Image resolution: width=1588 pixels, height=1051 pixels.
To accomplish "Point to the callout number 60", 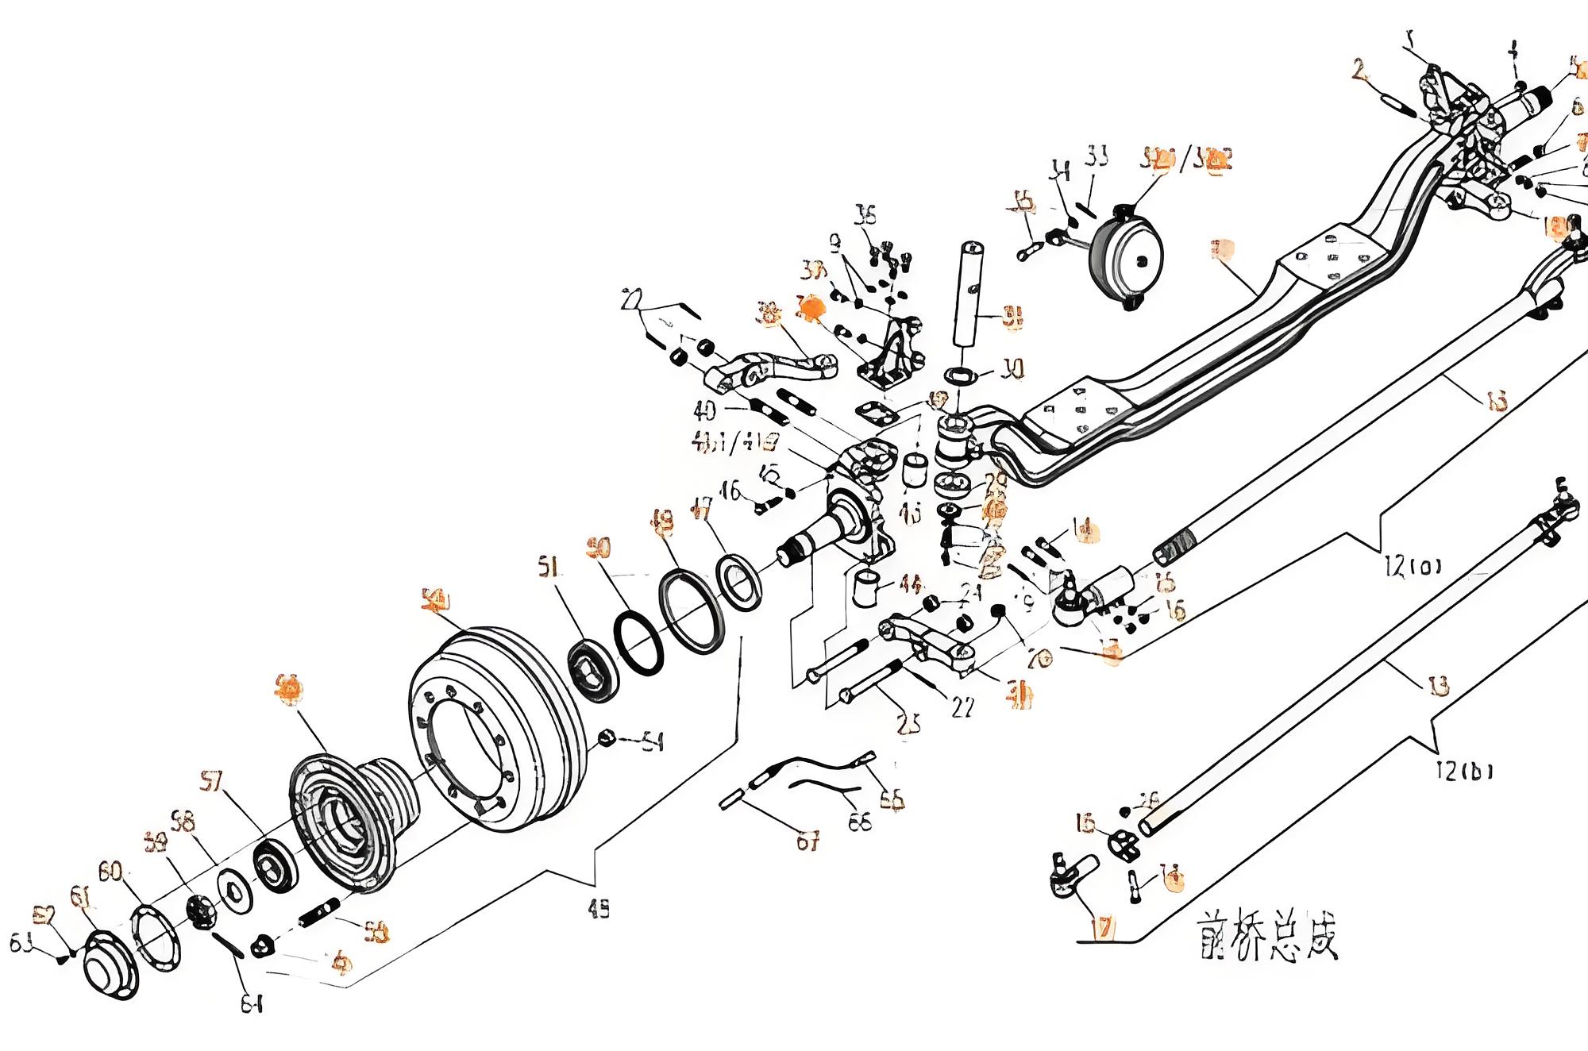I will coord(110,872).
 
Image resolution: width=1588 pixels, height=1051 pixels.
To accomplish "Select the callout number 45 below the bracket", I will coord(599,910).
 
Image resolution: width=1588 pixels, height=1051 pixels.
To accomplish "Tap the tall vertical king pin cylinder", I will coord(970,294).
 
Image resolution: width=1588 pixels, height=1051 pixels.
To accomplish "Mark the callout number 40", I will coord(704,410).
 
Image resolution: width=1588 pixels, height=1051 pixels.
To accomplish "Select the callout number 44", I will coord(911,585).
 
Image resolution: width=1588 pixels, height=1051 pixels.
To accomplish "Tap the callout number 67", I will coord(807,841).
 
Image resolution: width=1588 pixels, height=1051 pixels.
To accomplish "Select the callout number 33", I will coord(1097,156).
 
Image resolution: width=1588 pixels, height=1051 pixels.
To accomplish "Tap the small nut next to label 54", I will coord(606,737).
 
